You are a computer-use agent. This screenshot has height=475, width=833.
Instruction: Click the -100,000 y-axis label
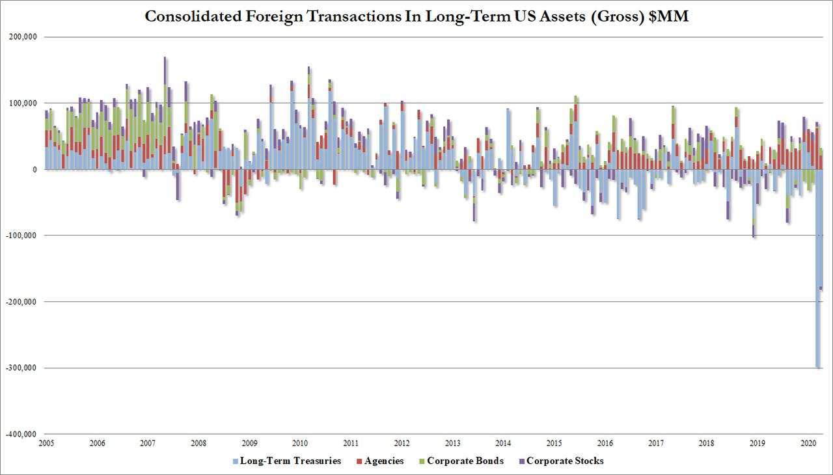click(20, 236)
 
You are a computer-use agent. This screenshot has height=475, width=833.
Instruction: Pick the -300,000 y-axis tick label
click(20, 368)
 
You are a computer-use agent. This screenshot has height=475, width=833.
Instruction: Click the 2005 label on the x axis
click(46, 443)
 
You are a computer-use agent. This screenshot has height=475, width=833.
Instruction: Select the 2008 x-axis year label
click(198, 443)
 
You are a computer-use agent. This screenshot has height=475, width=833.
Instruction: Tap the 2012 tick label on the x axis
click(402, 443)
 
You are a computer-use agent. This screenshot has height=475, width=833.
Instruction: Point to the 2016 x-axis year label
click(605, 443)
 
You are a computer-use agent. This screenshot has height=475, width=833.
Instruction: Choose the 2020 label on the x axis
click(808, 443)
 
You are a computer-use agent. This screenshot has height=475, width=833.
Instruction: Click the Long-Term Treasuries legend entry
click(290, 461)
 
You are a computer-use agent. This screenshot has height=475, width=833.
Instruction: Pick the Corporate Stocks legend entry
click(564, 461)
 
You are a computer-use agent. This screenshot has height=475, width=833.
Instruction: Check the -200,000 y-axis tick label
click(20, 302)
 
